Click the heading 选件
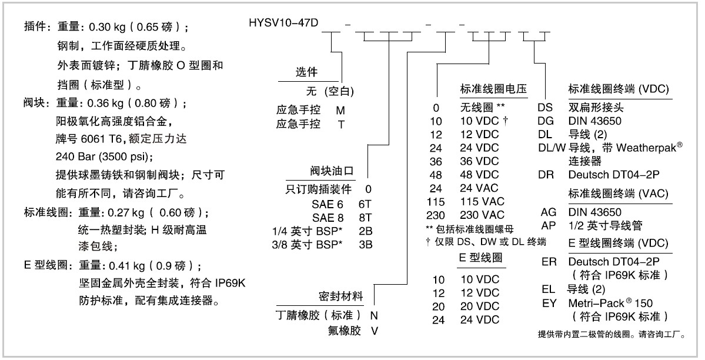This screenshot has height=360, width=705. coord(306,72)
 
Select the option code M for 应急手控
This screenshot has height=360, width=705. coord(340,111)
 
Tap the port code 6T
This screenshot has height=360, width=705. coord(365,204)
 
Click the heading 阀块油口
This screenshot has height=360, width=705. coord(332,171)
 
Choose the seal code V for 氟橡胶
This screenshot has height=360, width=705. coord(375,331)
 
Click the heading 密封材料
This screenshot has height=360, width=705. coord(340,296)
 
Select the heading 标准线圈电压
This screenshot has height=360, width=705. coord(493,89)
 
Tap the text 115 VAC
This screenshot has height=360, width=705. coord(482,202)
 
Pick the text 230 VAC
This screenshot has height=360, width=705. coord(482,215)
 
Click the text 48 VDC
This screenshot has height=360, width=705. coord(479,175)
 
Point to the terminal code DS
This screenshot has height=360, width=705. coord(545,108)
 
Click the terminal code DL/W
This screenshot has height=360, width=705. coord(552,148)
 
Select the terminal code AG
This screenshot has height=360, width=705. coord(549,212)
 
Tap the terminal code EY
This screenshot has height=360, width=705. coord(549,304)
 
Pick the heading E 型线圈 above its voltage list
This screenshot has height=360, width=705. coord(480,258)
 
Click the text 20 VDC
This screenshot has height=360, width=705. coord(480,306)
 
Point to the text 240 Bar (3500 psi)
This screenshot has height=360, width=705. coord(104,157)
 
